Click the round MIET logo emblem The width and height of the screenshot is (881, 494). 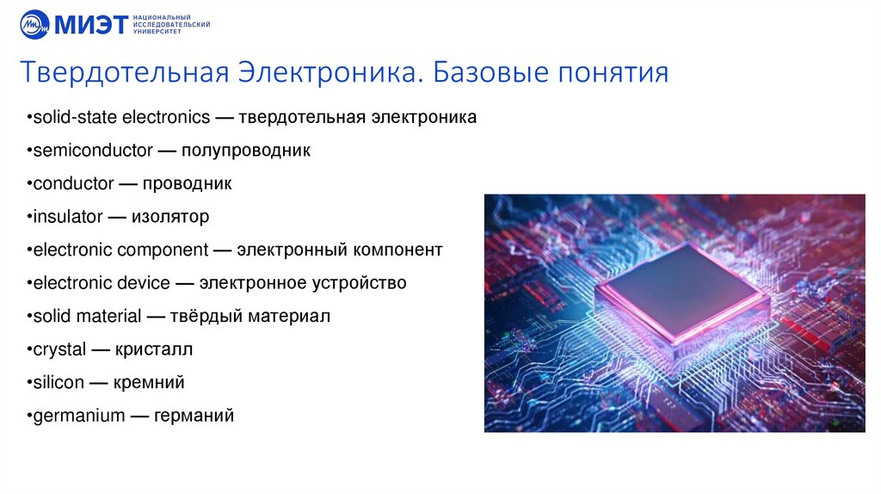(x=35, y=24)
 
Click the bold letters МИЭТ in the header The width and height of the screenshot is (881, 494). (x=89, y=24)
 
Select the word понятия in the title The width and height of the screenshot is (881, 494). (x=613, y=71)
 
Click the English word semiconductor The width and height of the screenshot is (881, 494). (x=90, y=151)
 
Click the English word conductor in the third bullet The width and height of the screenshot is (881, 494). (x=73, y=183)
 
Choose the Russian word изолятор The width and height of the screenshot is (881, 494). (x=170, y=217)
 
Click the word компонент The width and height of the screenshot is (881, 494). (x=397, y=250)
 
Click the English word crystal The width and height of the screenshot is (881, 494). (x=59, y=349)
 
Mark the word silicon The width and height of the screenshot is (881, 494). (x=59, y=382)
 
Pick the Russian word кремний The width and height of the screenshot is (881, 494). (x=150, y=382)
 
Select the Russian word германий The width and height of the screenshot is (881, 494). (x=194, y=416)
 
